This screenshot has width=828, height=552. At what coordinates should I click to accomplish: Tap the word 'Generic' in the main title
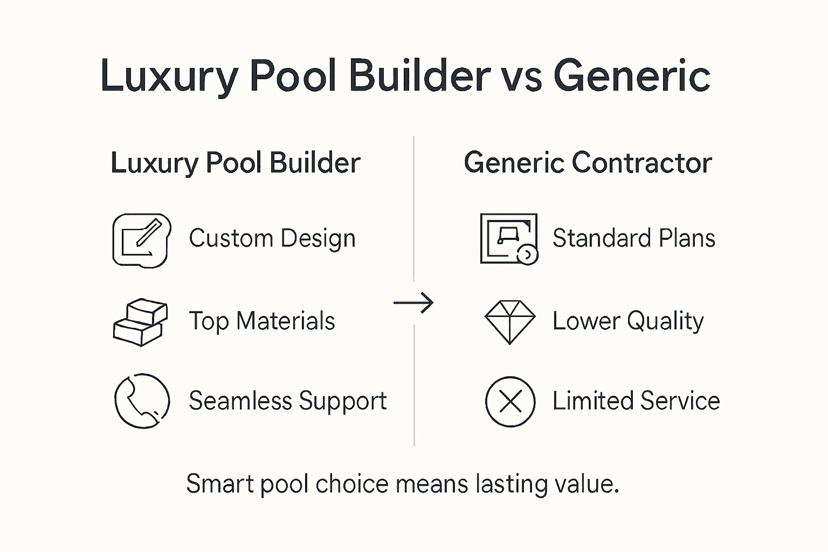[x=631, y=75]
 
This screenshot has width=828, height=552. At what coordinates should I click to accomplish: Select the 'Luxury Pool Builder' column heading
[x=235, y=163]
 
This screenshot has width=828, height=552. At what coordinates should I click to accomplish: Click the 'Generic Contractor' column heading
[x=588, y=163]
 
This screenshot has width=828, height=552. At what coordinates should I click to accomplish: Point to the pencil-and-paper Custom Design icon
[x=142, y=240]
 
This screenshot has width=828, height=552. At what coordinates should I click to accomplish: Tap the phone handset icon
[x=142, y=401]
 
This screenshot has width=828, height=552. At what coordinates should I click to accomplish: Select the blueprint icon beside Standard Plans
[x=509, y=238]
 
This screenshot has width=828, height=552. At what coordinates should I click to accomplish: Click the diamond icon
[x=510, y=321]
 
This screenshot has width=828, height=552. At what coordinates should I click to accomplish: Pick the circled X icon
[x=510, y=402]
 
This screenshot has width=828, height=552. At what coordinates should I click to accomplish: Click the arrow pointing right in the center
[x=413, y=303]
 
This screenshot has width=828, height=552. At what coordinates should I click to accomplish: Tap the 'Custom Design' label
[x=272, y=238]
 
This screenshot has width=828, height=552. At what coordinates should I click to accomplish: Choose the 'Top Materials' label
[x=262, y=321]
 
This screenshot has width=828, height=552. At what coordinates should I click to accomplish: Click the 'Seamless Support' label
[x=287, y=401]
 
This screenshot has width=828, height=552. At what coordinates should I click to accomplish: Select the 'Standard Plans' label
[x=634, y=238]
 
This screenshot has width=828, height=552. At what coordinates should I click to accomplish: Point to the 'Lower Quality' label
[x=628, y=321]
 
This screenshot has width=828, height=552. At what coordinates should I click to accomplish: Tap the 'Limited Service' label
[x=636, y=401]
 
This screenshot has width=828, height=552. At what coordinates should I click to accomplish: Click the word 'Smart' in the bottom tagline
[x=220, y=484]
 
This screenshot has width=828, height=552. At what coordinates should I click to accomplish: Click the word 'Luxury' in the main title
[x=169, y=75]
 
